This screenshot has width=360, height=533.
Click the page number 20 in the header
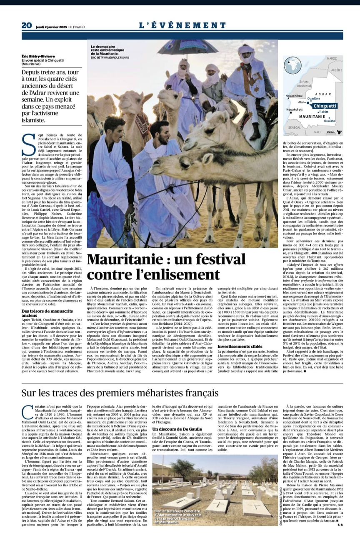coord(27,25)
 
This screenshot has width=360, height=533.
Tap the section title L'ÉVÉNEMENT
coord(182,25)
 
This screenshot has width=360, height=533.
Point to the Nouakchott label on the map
coord(295,109)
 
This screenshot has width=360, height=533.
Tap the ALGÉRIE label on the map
coord(336,70)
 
